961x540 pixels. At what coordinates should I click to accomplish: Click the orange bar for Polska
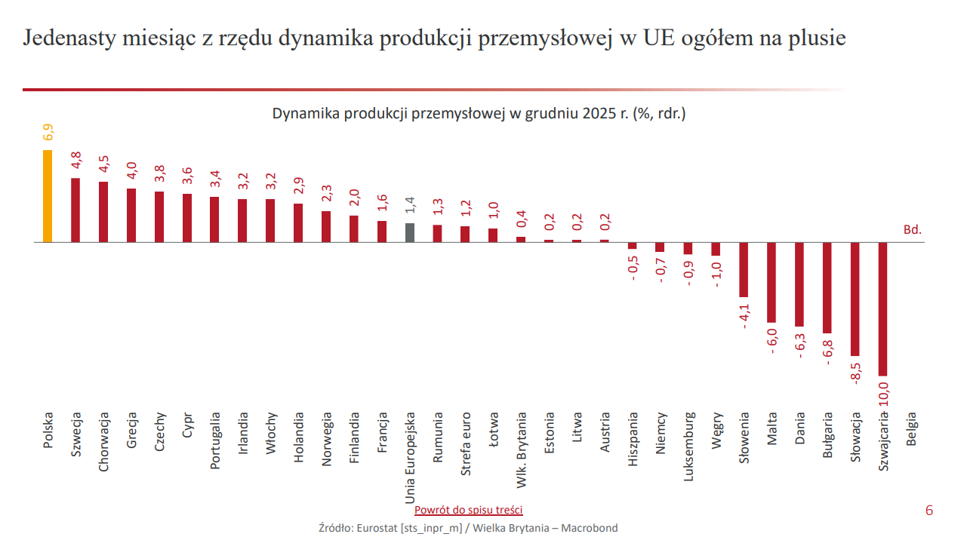(48, 196)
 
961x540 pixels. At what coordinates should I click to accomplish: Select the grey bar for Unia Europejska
(410, 233)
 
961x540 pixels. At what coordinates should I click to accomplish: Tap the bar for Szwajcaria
(883, 309)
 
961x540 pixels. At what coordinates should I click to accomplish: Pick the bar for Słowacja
(855, 299)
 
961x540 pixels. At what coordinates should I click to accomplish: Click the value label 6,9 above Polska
(48, 133)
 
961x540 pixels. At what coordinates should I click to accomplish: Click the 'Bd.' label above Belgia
(913, 229)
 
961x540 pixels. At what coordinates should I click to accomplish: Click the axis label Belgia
(912, 429)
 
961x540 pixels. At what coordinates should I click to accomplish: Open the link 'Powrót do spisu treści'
(468, 511)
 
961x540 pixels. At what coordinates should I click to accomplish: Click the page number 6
(929, 511)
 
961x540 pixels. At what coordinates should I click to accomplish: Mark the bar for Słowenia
(744, 270)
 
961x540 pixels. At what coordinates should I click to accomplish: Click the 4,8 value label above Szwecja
(76, 161)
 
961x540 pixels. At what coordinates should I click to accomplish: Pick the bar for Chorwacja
(103, 212)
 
